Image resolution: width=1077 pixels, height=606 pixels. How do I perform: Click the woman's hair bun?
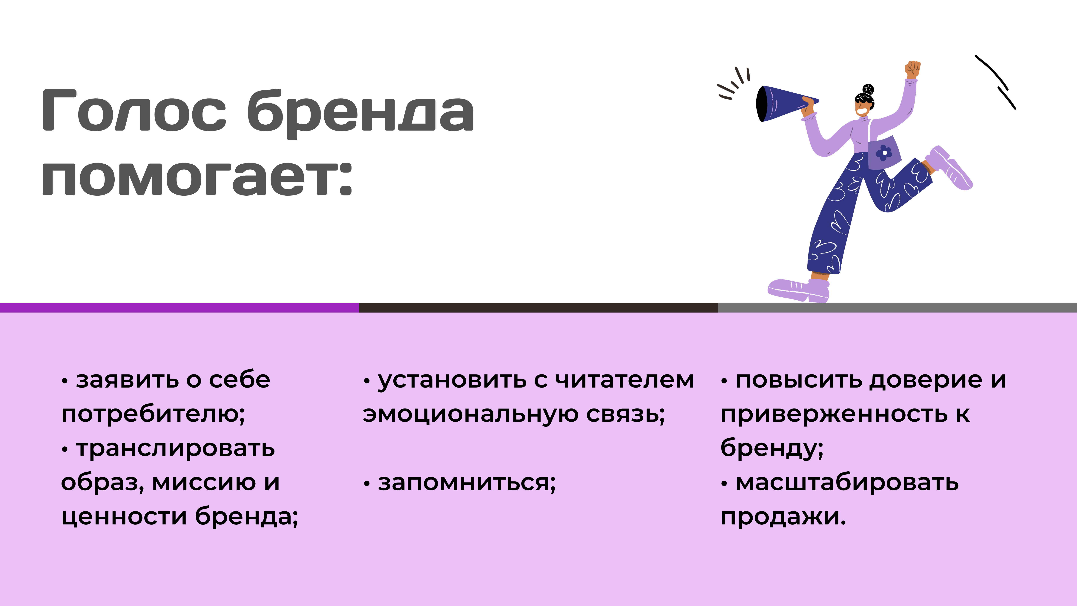tap(868, 90)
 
